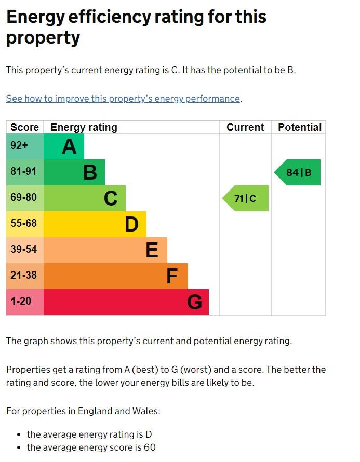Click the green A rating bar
pyautogui.click(x=63, y=146)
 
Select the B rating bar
pyautogui.click(x=74, y=172)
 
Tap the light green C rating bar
pyautogui.click(x=84, y=198)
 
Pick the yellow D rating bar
pyautogui.click(x=95, y=224)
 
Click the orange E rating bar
pyautogui.click(x=105, y=250)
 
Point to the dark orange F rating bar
pyautogui.click(x=115, y=276)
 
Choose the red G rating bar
pyautogui.click(x=126, y=302)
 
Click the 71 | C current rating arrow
pyautogui.click(x=246, y=198)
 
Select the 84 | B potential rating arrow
pyautogui.click(x=298, y=172)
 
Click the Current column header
pyautogui.click(x=245, y=127)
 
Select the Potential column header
pyautogui.click(x=299, y=127)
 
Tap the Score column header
pyautogui.click(x=24, y=127)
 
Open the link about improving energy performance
pyautogui.click(x=123, y=99)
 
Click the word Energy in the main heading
pyautogui.click(x=41, y=18)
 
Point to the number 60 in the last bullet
pyautogui.click(x=150, y=447)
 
